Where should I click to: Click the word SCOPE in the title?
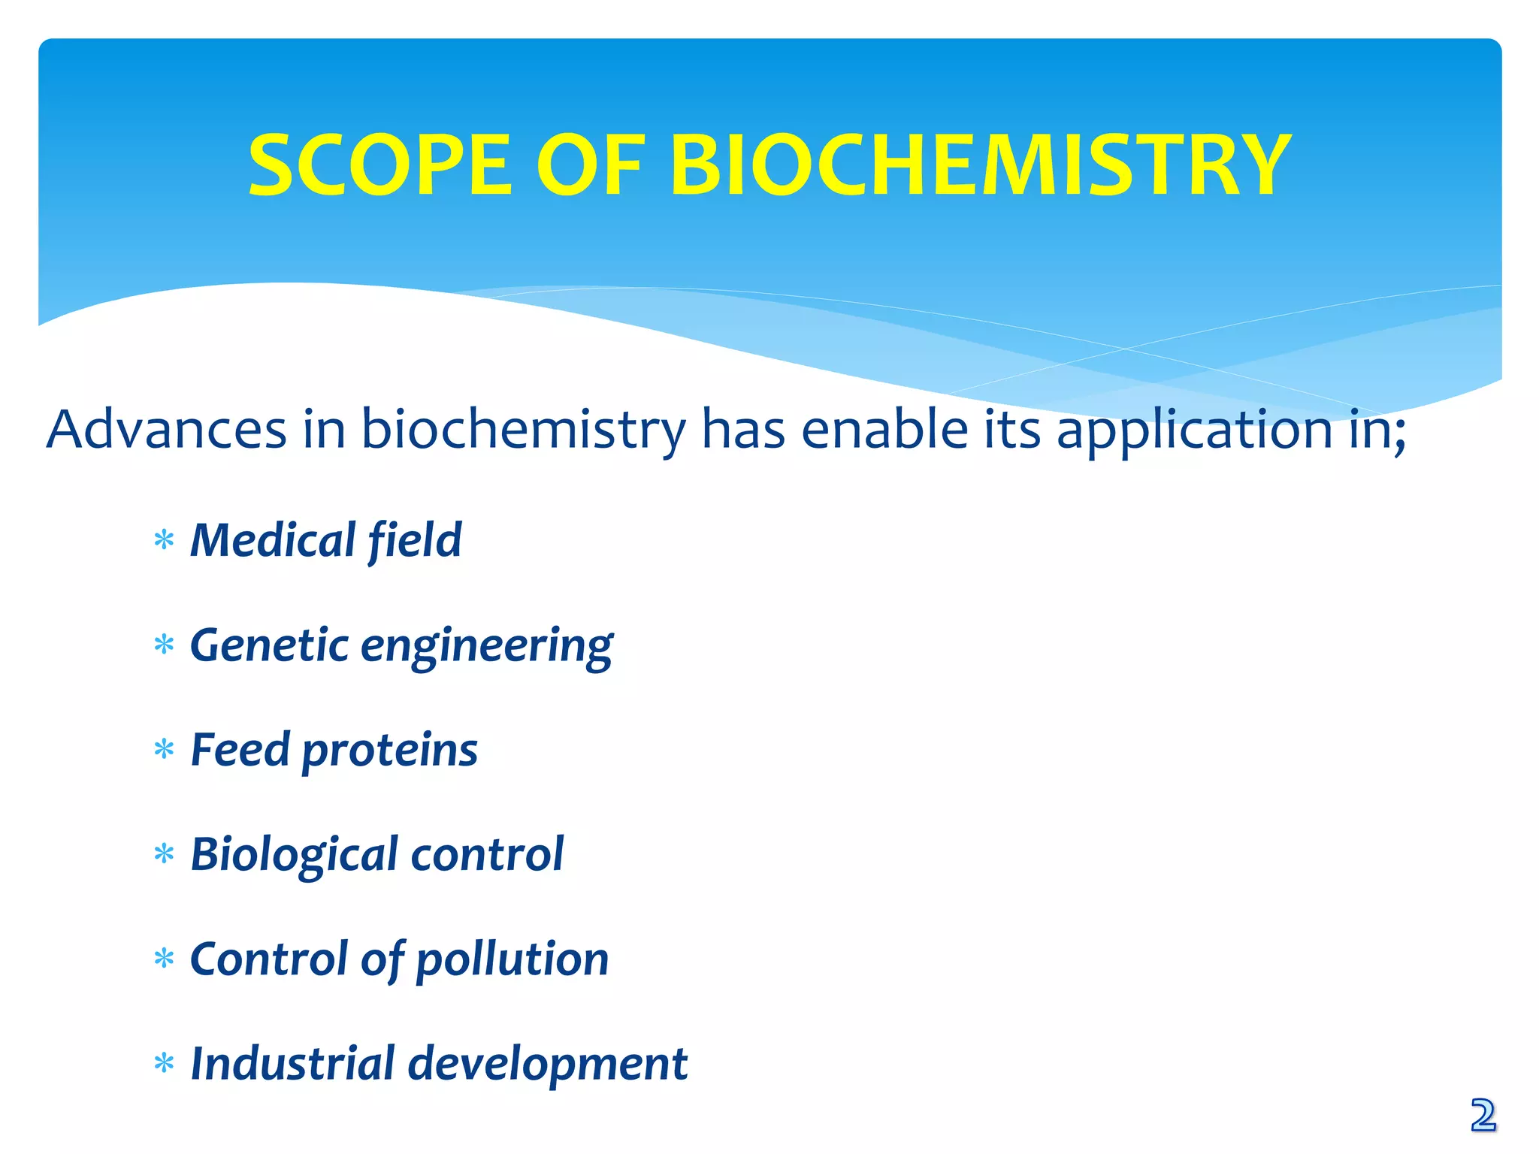coord(379,165)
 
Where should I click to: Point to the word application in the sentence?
coord(1194,430)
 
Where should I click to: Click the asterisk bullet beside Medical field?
coord(164,541)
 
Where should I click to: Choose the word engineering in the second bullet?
coord(486,646)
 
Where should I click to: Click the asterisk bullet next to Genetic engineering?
coord(164,645)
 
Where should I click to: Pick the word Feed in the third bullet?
coord(240,750)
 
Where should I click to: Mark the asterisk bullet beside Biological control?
coord(164,855)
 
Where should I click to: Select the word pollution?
coord(512,960)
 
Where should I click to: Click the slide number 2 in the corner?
coord(1483,1116)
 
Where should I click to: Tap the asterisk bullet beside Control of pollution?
coord(164,959)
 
